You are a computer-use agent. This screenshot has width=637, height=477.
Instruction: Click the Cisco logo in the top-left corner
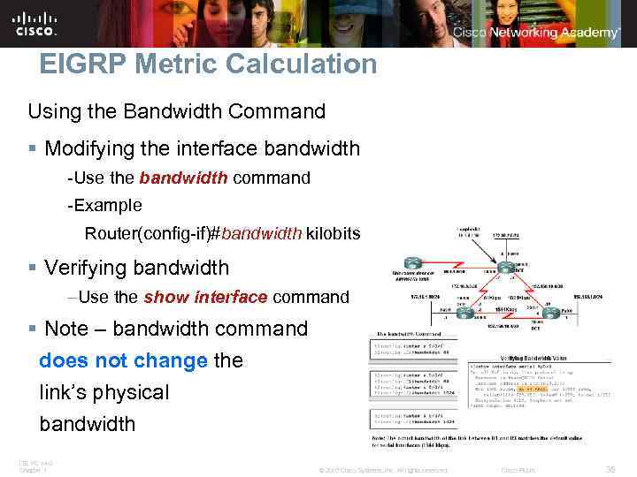(x=35, y=23)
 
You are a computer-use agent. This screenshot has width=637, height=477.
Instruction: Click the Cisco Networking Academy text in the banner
(x=536, y=33)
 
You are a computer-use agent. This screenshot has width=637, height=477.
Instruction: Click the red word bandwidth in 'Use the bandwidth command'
(x=183, y=178)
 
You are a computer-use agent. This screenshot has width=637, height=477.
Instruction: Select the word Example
(x=109, y=205)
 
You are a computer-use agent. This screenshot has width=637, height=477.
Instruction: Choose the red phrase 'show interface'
(x=205, y=297)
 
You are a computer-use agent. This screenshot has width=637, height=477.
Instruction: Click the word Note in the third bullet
(x=67, y=329)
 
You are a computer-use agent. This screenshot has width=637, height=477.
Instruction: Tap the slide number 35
(x=610, y=469)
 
